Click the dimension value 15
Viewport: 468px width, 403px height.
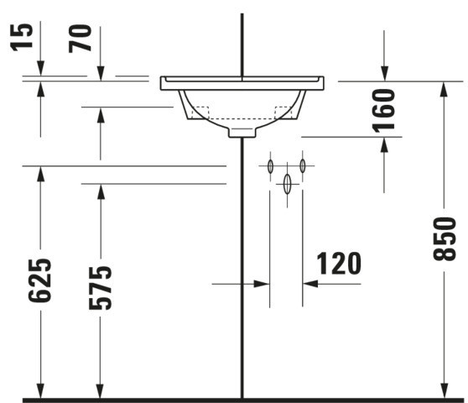(x=21, y=37)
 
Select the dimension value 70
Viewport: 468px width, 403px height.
(x=80, y=39)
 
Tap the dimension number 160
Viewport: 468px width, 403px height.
(x=384, y=111)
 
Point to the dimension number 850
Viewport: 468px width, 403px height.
(x=445, y=239)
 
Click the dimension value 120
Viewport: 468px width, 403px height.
(x=339, y=263)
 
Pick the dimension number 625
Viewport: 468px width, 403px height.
(x=39, y=280)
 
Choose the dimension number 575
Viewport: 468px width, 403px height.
(x=101, y=288)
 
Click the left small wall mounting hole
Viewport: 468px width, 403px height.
(x=270, y=166)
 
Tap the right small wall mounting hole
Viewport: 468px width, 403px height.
(x=303, y=165)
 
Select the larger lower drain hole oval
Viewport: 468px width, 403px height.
(x=287, y=184)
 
